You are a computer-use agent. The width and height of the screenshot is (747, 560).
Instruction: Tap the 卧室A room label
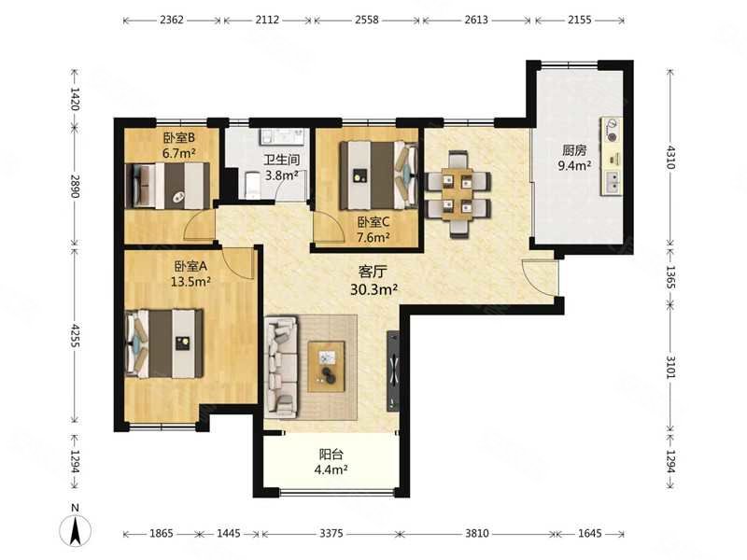(x=190, y=266)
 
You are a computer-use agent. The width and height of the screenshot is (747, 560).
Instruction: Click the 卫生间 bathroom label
(x=282, y=161)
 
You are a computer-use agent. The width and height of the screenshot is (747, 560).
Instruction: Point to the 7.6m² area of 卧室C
(x=374, y=237)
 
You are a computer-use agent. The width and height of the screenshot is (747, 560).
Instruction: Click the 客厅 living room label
(x=373, y=272)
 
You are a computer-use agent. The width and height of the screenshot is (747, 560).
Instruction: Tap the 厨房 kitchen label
(x=574, y=150)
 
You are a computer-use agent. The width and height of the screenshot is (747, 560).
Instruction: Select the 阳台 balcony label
(x=331, y=455)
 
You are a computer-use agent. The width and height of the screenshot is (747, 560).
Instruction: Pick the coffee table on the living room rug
(x=326, y=366)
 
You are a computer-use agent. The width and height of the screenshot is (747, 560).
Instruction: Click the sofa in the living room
(x=281, y=365)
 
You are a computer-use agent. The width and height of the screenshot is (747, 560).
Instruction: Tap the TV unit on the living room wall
(x=394, y=371)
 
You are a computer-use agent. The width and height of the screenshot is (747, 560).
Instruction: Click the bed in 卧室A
(x=164, y=343)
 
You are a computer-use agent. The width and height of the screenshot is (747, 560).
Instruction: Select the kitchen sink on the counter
(x=612, y=182)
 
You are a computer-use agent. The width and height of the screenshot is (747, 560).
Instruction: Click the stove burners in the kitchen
(x=612, y=131)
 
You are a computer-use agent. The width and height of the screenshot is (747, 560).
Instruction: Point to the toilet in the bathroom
(x=251, y=186)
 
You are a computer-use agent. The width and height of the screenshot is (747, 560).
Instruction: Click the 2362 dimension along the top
(x=172, y=20)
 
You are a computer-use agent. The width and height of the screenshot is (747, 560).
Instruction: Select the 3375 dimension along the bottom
(x=331, y=533)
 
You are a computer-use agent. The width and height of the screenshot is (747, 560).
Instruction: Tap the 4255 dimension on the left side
(x=75, y=336)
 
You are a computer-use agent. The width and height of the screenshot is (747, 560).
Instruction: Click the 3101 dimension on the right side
(x=670, y=367)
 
